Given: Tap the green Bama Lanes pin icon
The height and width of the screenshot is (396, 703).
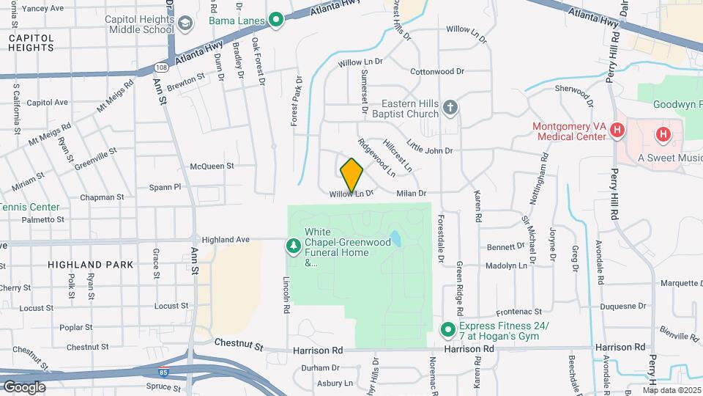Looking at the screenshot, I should click(276, 20).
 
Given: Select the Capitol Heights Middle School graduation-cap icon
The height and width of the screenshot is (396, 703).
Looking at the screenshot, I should click(186, 24).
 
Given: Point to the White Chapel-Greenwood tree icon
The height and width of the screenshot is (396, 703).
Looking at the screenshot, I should click(294, 244).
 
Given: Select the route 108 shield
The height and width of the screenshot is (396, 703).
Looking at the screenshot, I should click(160, 67).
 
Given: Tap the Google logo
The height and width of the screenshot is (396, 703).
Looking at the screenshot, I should click(23, 386).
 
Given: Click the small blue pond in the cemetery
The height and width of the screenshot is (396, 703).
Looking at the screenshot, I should click(395, 238).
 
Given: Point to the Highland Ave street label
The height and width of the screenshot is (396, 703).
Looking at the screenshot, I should click(226, 240).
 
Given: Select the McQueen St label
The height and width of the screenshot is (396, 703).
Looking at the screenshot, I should click(212, 166).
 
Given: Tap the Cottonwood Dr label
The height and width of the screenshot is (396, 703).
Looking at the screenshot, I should click(437, 72).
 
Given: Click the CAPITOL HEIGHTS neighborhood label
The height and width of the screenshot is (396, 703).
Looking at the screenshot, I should click(31, 43).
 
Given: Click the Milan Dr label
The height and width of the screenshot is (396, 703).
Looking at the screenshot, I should click(411, 194).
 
